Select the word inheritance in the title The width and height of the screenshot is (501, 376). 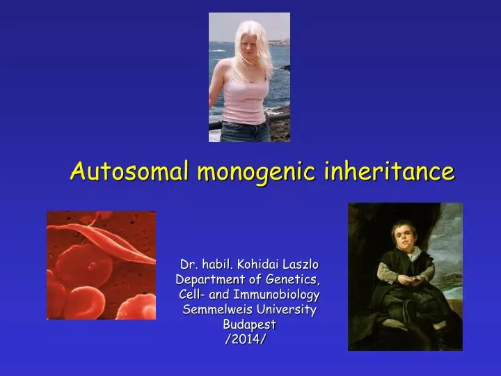pyautogui.click(x=389, y=170)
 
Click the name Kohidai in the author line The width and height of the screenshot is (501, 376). pyautogui.click(x=260, y=265)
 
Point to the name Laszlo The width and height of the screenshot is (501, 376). pyautogui.click(x=301, y=265)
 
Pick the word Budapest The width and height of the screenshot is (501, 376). pyautogui.click(x=249, y=324)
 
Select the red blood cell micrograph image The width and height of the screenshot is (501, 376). pyautogui.click(x=101, y=265)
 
